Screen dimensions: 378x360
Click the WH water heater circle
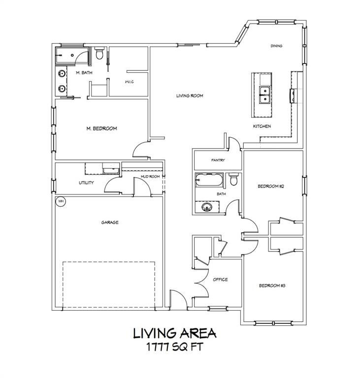point(61,201)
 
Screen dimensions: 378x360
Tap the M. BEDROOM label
point(101,128)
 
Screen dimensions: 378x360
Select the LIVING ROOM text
point(190,95)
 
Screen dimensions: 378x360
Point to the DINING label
point(276,46)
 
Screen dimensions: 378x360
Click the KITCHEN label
point(262,126)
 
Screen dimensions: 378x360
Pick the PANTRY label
point(218,160)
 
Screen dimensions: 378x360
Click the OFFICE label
point(220,280)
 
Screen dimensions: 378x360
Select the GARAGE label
point(110,222)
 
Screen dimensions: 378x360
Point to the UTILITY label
point(86,183)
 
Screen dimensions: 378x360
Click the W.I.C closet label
point(130,81)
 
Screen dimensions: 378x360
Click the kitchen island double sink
point(264,94)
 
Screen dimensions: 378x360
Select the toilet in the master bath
point(99,54)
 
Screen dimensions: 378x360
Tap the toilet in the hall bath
point(234,180)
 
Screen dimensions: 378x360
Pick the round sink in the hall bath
point(205,207)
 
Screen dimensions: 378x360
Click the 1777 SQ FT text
point(174,347)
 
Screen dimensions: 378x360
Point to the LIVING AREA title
point(174,333)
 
